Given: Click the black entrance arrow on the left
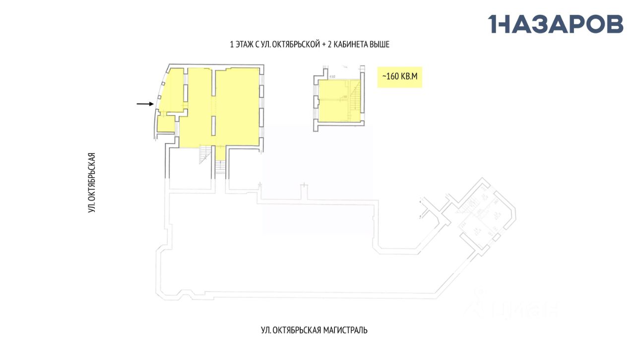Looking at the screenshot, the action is (145, 104).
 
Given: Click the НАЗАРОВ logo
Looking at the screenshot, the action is (556, 24).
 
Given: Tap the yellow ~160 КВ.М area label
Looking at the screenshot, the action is (399, 77).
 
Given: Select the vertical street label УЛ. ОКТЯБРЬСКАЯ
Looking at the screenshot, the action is (91, 182).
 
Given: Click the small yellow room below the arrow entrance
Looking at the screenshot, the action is (166, 123).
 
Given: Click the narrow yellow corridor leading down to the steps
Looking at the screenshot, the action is (220, 153).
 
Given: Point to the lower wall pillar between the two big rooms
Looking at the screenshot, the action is (214, 125).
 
